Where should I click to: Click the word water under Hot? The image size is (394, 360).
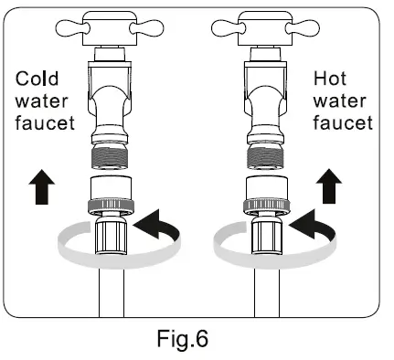click(x=339, y=101)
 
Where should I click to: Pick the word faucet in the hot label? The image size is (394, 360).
click(x=339, y=123)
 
